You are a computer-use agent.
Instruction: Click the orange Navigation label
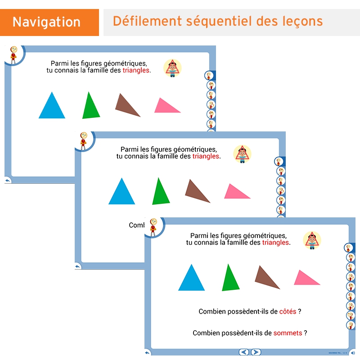(x=47, y=22)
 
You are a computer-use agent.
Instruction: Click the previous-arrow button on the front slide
(x=244, y=352)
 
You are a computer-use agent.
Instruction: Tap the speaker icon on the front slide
(x=352, y=353)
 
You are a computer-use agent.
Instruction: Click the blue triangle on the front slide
(x=192, y=279)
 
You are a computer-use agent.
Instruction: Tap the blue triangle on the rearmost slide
(x=52, y=107)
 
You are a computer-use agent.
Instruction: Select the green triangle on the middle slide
(x=160, y=193)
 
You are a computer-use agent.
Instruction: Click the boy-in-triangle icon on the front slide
(x=312, y=240)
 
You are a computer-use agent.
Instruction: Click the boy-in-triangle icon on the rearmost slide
(x=172, y=68)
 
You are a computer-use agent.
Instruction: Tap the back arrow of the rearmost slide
(x=8, y=180)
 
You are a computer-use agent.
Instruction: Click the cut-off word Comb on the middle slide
(x=136, y=225)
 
